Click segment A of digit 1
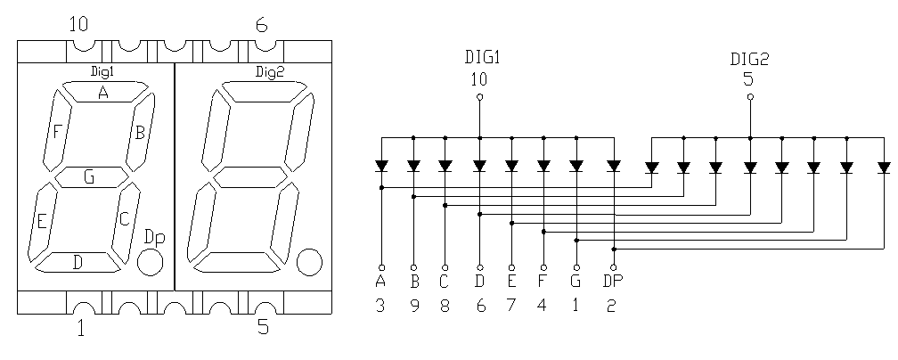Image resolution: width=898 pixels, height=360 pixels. pos(103,92)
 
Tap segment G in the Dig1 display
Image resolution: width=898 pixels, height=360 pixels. pos(89,176)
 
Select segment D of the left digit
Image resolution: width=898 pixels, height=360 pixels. pos(77,262)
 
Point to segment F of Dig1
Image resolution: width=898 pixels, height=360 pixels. pos(56,132)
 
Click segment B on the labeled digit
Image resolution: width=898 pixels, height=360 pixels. pos(140,133)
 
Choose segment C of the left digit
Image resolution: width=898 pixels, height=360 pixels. pos(125,218)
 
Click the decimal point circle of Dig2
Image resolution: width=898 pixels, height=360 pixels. pos(309,262)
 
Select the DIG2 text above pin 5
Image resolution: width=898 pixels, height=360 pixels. pos(749,59)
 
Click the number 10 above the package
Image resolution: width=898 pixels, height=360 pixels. pos(78,24)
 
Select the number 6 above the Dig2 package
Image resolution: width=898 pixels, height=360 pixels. pos(261,25)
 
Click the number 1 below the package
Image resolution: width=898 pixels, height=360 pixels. pos(80,330)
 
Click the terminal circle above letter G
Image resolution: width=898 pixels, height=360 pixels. pos(576,266)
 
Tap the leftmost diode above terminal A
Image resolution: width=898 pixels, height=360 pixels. pos(381,166)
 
